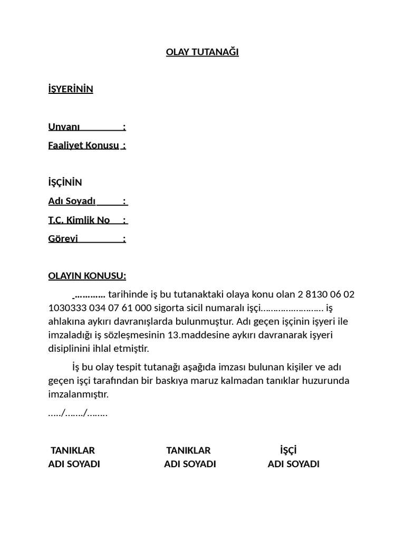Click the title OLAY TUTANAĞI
[202, 52]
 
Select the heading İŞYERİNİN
[71, 89]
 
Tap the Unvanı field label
[64, 127]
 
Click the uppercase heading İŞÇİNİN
[65, 182]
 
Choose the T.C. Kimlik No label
[79, 220]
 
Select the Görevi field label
[63, 239]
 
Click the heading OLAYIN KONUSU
[87, 276]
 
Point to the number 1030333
[67, 308]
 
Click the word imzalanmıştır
[78, 394]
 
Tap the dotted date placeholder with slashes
[78, 413]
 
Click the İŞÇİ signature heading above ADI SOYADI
[288, 450]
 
